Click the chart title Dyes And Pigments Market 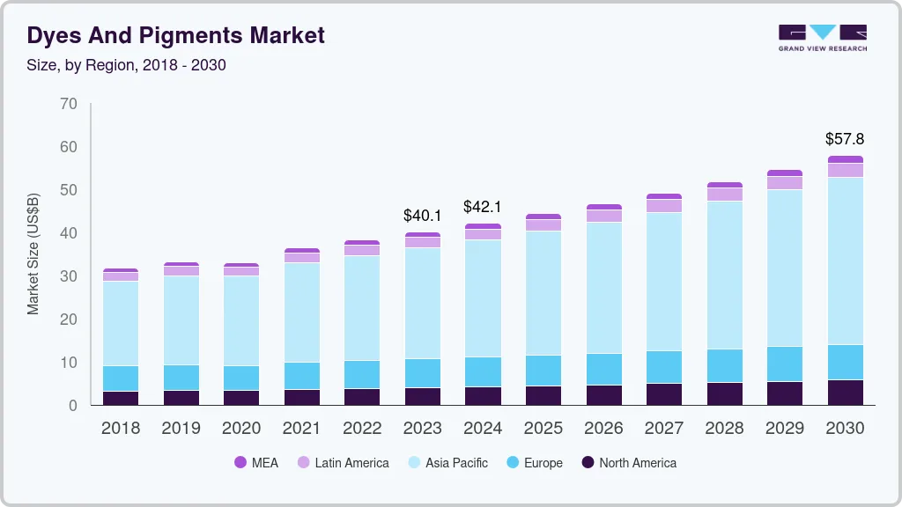click(176, 35)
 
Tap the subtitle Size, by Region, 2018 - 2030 click(127, 65)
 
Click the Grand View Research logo click(822, 38)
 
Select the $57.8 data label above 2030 click(845, 139)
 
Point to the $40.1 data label click(422, 215)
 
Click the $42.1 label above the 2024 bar click(483, 207)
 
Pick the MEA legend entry click(255, 462)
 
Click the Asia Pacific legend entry click(447, 462)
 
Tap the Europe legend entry click(533, 462)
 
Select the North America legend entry click(628, 462)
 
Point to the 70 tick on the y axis click(69, 104)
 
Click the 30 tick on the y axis click(69, 276)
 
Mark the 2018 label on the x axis click(120, 429)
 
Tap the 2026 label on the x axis click(603, 429)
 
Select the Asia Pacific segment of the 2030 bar click(845, 261)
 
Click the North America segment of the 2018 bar click(120, 398)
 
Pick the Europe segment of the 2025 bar click(543, 370)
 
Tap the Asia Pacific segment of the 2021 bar click(302, 312)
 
